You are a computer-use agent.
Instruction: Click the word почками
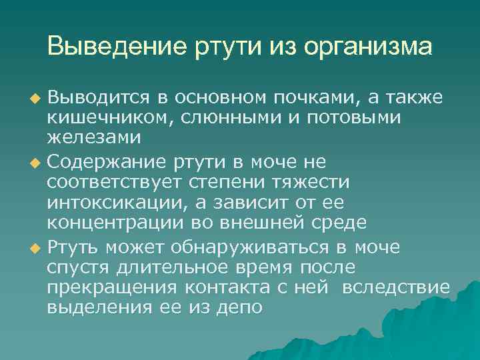[x=321, y=98]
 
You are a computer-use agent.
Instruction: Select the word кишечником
[x=103, y=118]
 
